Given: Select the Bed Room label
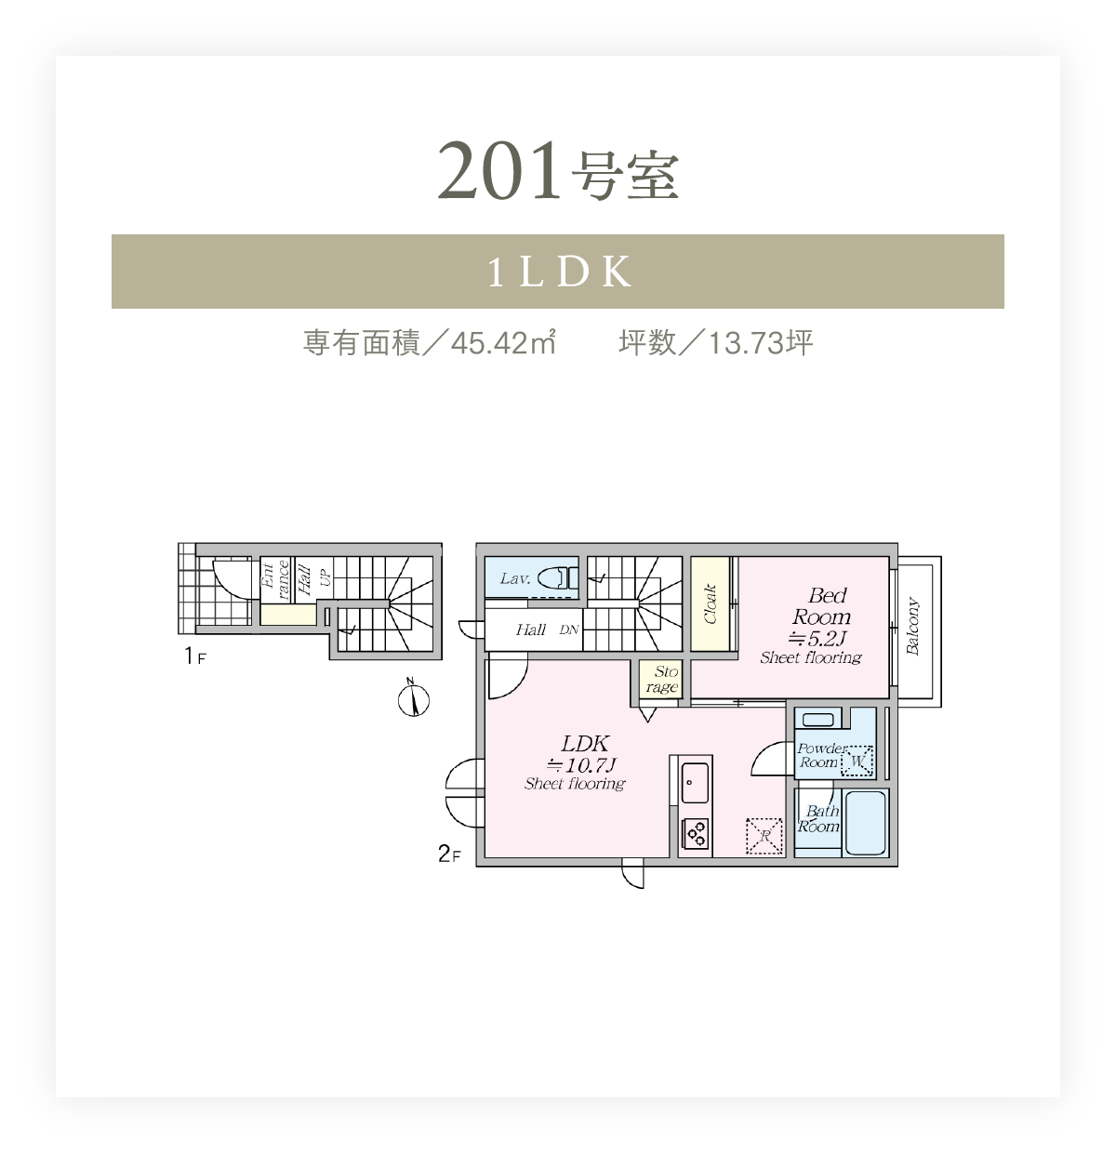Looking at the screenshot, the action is pos(821,605).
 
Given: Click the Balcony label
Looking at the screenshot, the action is pos(912,627).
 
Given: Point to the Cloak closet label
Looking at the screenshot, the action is pos(710,603).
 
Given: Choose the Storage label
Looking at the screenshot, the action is pos(662,680).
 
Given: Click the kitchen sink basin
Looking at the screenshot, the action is pos(695,782).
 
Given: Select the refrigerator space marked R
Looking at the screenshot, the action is pos(764,836).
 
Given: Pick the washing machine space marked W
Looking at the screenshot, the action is pos(857,761).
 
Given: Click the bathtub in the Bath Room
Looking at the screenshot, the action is pos(865,823).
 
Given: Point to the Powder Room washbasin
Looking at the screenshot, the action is pos(817,720).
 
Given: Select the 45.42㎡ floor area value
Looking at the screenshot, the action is pos(503,342).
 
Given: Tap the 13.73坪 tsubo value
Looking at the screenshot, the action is pos(761,342).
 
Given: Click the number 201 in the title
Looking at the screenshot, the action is pos(499,170).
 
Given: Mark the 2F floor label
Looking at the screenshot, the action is pos(449,854).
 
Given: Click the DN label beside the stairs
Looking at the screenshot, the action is pos(569,630).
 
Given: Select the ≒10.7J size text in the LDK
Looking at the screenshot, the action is pos(581,765).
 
